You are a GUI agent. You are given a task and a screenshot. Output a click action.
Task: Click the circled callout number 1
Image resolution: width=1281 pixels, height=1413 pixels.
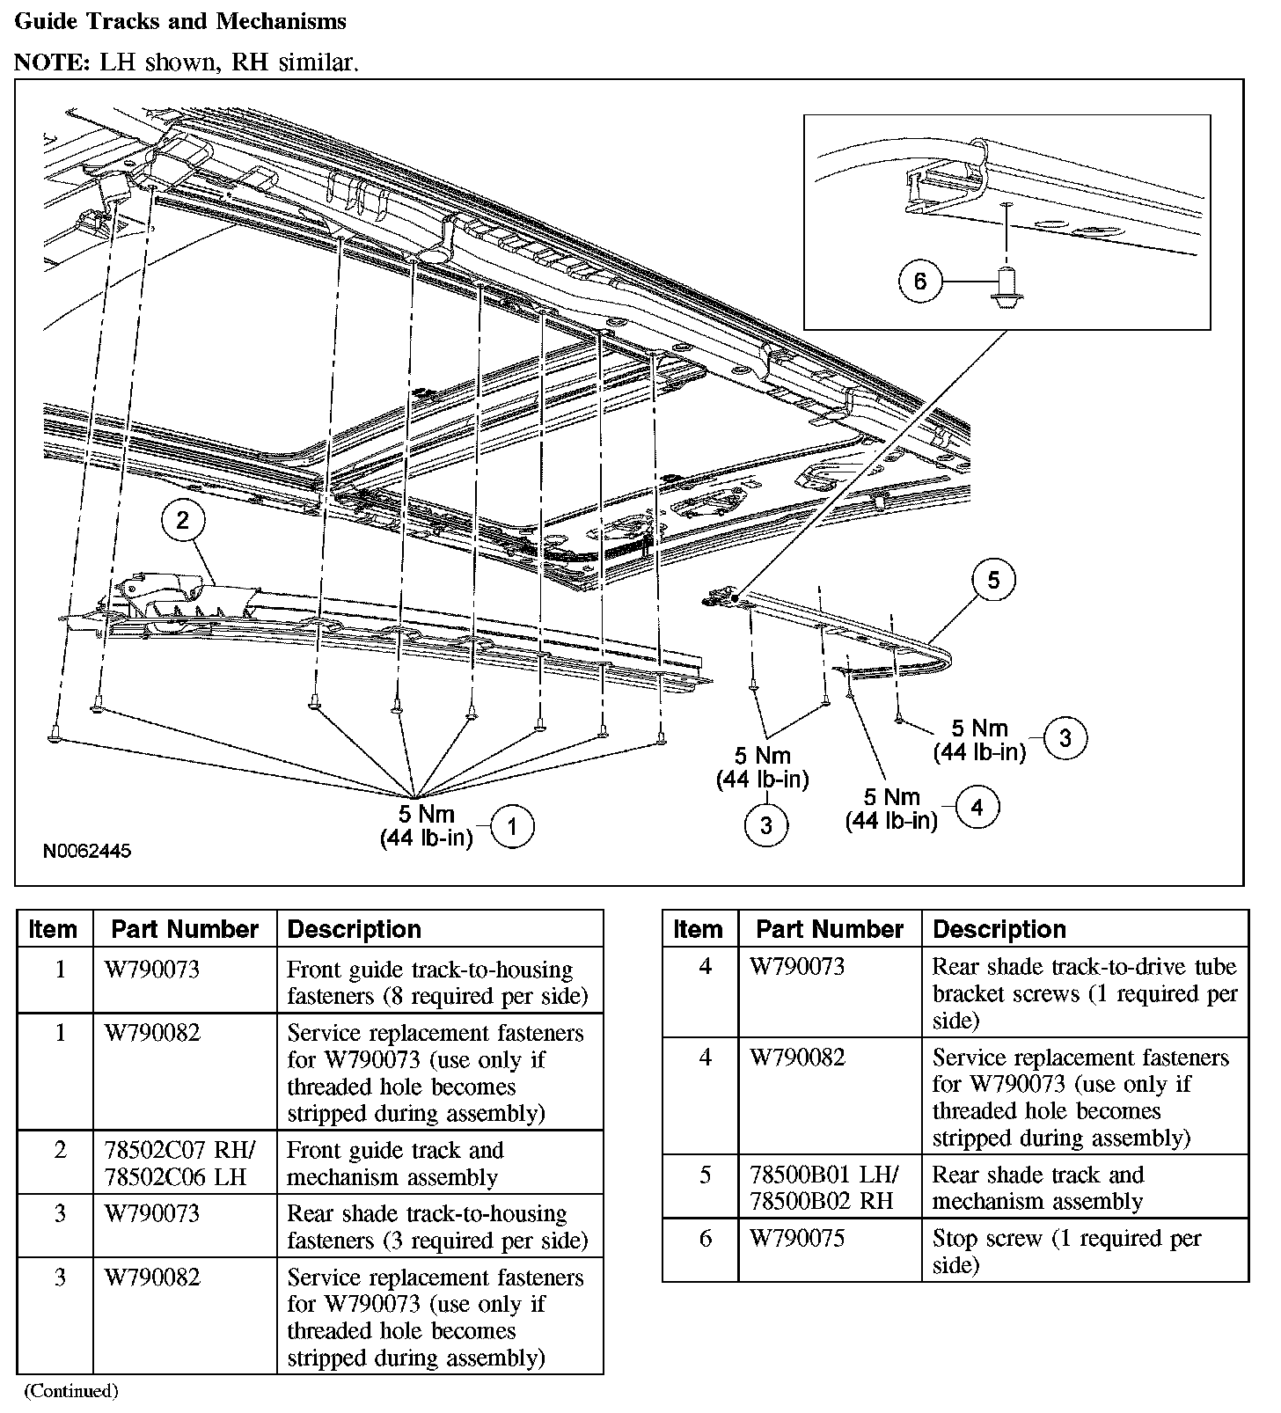pyautogui.click(x=512, y=827)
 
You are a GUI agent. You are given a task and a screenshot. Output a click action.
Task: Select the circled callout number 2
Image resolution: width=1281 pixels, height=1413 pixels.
pyautogui.click(x=182, y=520)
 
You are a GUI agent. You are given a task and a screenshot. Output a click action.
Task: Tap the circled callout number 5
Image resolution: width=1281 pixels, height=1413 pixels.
pyautogui.click(x=993, y=580)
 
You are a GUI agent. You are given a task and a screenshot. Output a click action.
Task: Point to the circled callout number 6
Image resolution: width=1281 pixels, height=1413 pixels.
pyautogui.click(x=920, y=282)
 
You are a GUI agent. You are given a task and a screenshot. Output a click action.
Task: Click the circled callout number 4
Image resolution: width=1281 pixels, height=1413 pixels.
pyautogui.click(x=977, y=807)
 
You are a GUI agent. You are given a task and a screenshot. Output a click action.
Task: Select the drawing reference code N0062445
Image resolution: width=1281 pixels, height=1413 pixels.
pyautogui.click(x=87, y=851)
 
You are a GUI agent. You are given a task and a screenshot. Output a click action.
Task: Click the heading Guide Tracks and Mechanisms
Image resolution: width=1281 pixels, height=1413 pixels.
pyautogui.click(x=180, y=22)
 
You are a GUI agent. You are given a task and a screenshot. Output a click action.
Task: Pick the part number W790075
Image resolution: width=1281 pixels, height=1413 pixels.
pyautogui.click(x=797, y=1239)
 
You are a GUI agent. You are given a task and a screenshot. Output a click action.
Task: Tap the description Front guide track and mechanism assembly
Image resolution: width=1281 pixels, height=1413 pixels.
pyautogui.click(x=395, y=1163)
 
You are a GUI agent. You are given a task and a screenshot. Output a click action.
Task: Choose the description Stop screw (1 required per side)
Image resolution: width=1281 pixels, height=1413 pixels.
pyautogui.click(x=1067, y=1251)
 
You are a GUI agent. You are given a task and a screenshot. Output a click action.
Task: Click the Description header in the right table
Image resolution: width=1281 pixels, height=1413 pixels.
pyautogui.click(x=999, y=929)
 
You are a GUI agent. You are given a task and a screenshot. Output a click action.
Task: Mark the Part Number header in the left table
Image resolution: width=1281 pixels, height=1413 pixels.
pyautogui.click(x=185, y=929)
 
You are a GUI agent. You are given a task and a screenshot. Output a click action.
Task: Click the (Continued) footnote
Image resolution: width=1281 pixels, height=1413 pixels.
pyautogui.click(x=70, y=1391)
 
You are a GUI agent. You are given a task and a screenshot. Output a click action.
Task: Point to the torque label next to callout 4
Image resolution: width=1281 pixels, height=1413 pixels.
pyautogui.click(x=891, y=809)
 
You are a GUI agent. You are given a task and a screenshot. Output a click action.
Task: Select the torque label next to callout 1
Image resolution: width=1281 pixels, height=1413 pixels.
pyautogui.click(x=427, y=826)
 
